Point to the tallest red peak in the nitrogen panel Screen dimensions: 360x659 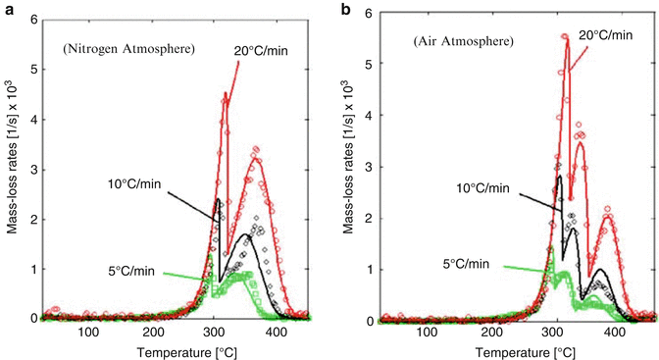click(x=226, y=94)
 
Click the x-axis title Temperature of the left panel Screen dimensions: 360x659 click(x=170, y=350)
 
